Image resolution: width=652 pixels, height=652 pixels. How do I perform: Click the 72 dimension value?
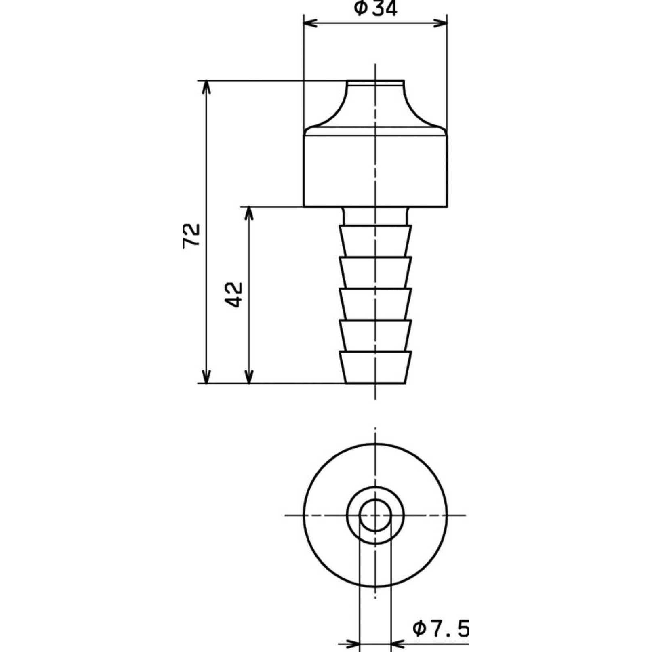click(192, 236)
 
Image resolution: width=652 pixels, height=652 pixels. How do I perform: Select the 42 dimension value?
click(234, 294)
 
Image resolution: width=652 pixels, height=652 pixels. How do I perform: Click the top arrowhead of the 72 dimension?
click(206, 87)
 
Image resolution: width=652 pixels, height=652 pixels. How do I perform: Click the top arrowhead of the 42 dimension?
click(249, 213)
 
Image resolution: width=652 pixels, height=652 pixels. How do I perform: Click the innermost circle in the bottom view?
click(375, 515)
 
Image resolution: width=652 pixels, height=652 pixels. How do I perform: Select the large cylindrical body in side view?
click(375, 170)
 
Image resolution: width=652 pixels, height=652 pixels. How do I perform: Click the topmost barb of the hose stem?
click(375, 240)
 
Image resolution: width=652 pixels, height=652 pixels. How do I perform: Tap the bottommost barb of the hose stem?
click(375, 367)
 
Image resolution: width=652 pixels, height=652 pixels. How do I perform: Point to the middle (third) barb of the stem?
click(375, 303)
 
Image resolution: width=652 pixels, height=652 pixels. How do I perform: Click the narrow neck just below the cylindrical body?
click(375, 216)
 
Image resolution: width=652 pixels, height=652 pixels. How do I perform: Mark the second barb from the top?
click(375, 272)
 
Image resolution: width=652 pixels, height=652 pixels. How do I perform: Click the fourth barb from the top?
click(375, 335)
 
